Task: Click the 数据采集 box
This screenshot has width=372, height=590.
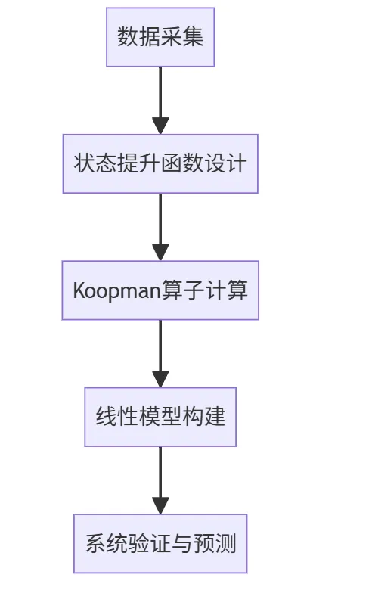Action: tap(160, 37)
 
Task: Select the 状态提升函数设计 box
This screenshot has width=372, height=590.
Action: tap(160, 163)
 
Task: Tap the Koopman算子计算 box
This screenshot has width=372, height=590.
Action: tap(160, 290)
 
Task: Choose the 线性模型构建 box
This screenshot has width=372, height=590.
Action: tap(160, 417)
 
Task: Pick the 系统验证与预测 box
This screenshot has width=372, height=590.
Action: tap(160, 544)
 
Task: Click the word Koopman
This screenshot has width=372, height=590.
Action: tap(117, 291)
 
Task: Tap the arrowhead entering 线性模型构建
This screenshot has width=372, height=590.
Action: tap(160, 379)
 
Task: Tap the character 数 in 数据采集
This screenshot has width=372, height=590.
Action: tap(128, 37)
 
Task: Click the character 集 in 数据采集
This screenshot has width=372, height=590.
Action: tap(193, 37)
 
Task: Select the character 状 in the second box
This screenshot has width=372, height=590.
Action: tap(84, 163)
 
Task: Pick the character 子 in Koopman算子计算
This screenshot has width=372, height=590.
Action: tap(194, 290)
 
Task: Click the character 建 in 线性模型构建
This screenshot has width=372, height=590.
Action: tap(215, 417)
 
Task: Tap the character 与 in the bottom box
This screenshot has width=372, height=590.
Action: tap(182, 544)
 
